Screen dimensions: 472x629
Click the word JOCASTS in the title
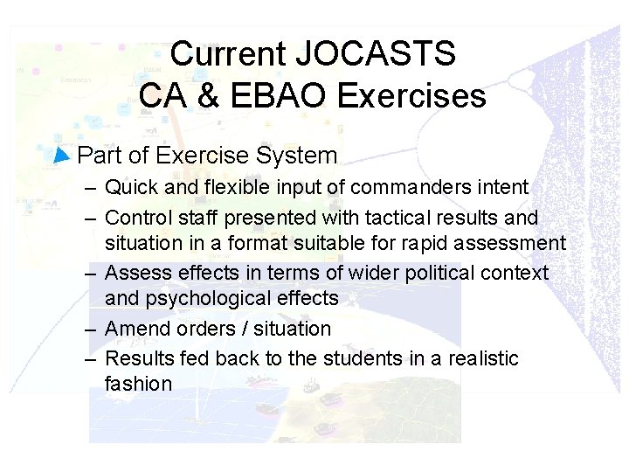pyautogui.click(x=376, y=54)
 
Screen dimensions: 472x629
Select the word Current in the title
pyautogui.click(x=229, y=54)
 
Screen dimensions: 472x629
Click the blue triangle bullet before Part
pyautogui.click(x=60, y=156)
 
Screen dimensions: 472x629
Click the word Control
pyautogui.click(x=135, y=217)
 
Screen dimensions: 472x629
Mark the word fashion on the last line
pyautogui.click(x=138, y=384)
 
